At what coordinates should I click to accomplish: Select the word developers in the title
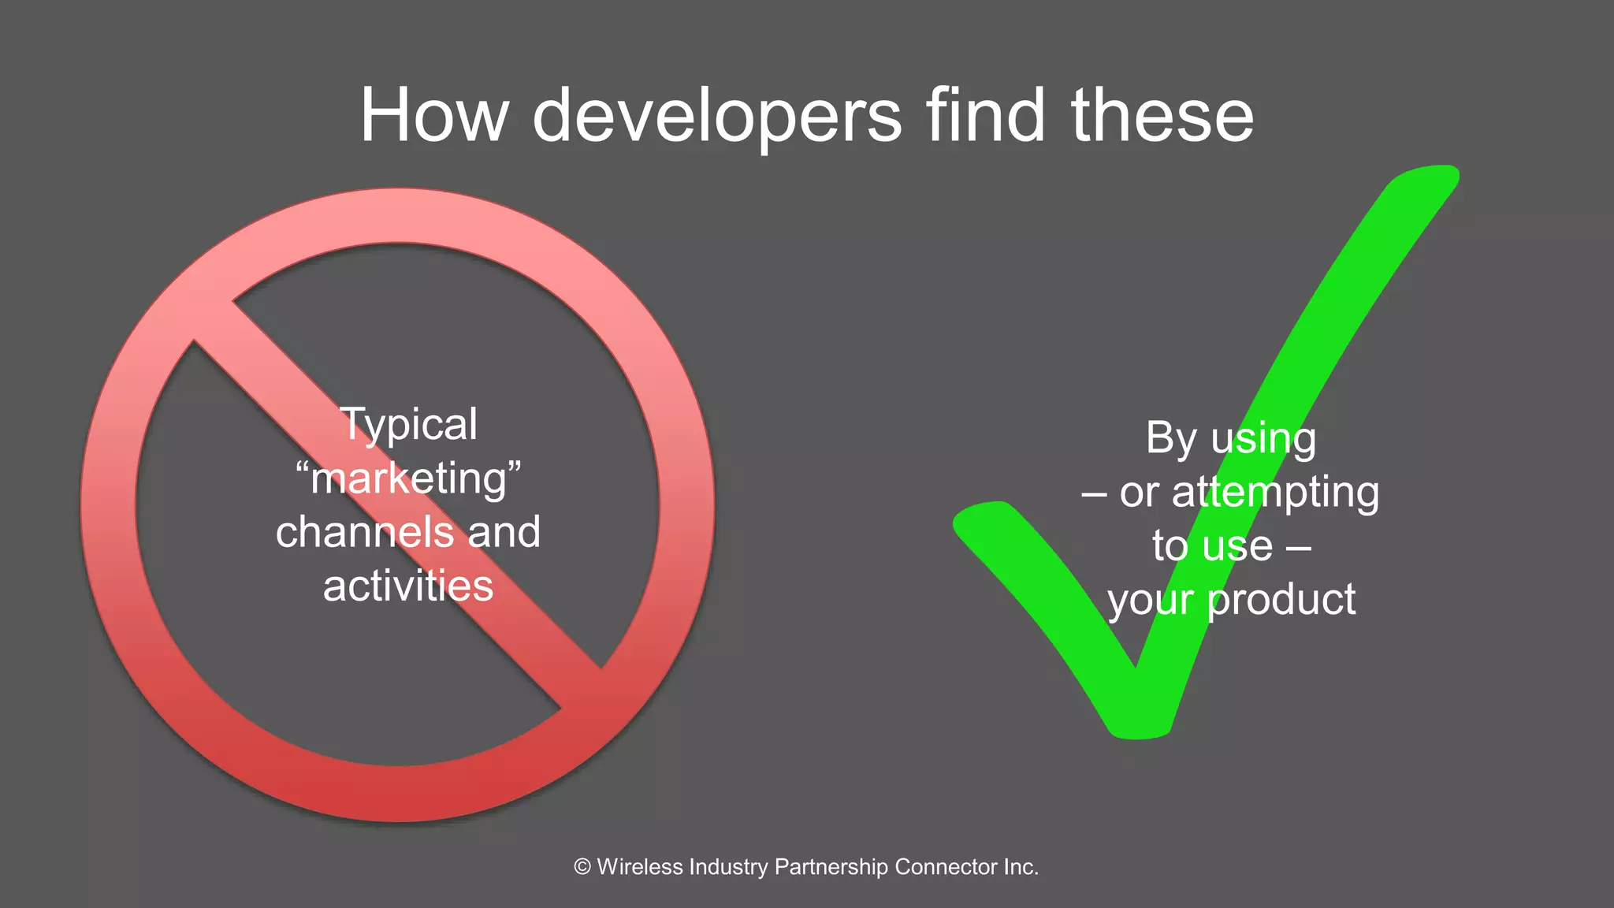pyautogui.click(x=716, y=117)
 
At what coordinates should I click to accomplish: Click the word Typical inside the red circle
pyautogui.click(x=408, y=426)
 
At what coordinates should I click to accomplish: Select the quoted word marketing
pyautogui.click(x=408, y=479)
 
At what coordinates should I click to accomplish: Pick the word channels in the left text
pyautogui.click(x=365, y=532)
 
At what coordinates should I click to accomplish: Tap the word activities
pyautogui.click(x=408, y=586)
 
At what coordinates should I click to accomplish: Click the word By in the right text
pyautogui.click(x=1171, y=438)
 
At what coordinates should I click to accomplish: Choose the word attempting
pyautogui.click(x=1275, y=493)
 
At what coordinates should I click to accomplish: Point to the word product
pyautogui.click(x=1281, y=600)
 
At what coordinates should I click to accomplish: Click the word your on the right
pyautogui.click(x=1150, y=601)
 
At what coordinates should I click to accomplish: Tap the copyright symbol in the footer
pyautogui.click(x=582, y=867)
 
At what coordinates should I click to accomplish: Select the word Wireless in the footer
pyautogui.click(x=640, y=867)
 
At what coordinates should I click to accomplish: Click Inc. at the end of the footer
pyautogui.click(x=1021, y=867)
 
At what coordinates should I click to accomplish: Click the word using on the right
pyautogui.click(x=1263, y=440)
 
